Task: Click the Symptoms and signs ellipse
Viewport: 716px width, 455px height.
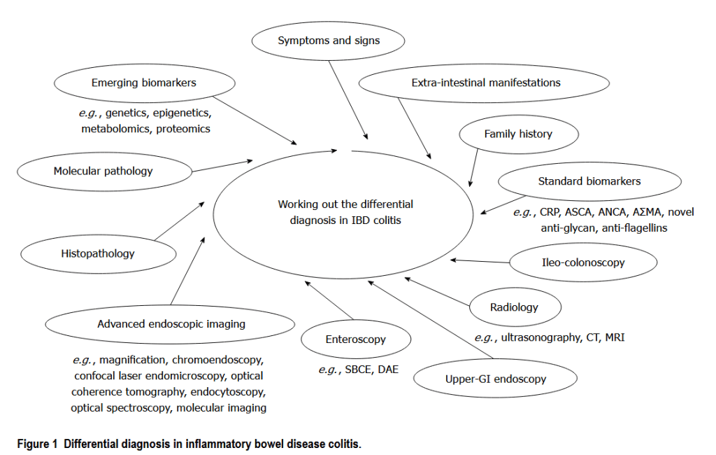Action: pos(328,41)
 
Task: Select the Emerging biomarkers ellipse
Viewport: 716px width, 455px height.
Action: pos(143,83)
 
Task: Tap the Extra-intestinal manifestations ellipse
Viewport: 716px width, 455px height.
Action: pos(485,83)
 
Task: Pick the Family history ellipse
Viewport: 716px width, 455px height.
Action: pos(517,134)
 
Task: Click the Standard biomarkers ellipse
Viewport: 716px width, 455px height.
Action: pos(589,181)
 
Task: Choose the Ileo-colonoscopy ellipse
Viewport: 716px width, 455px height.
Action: pos(583,262)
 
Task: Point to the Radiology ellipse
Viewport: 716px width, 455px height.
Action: pos(515,307)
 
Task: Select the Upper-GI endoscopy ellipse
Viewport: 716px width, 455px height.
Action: pos(495,379)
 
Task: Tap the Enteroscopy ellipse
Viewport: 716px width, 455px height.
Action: pos(355,339)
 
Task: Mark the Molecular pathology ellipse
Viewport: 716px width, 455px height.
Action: pos(103,171)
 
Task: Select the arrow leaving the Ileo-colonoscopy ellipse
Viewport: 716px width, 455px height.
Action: pos(482,261)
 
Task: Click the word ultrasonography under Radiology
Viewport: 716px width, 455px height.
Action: pos(538,337)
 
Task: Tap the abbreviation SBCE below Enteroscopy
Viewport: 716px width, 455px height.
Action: pos(358,369)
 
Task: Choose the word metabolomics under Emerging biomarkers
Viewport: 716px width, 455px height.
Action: pos(115,129)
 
